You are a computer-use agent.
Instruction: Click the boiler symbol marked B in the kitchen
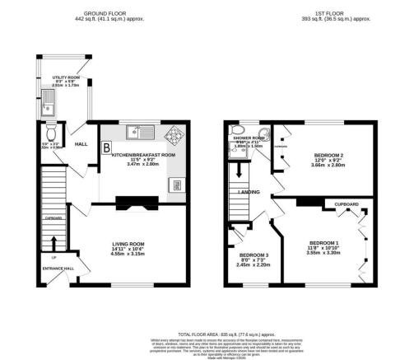tap(106, 147)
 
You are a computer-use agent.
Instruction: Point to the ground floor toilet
tap(51, 132)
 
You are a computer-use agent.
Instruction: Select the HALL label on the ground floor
tap(81, 144)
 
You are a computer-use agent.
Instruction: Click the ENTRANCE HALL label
tap(58, 268)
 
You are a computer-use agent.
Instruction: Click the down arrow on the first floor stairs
tap(241, 172)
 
